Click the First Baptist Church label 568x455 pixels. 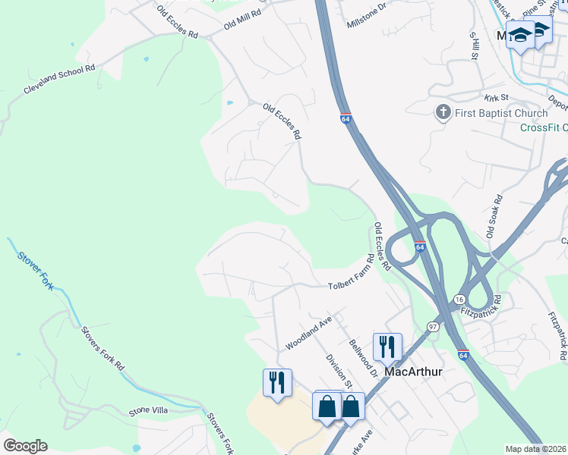pos(500,113)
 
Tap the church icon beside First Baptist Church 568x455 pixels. pos(443,113)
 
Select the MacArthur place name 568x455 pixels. pos(413,372)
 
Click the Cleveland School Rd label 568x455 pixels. pos(59,79)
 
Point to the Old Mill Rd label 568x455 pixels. pos(243,20)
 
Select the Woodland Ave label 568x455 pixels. pos(309,333)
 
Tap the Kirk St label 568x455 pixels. pos(495,98)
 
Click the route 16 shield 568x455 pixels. pos(459,301)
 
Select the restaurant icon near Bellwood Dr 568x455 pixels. pos(387,347)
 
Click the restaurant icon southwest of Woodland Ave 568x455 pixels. pos(277,381)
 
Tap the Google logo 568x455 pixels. pos(25,446)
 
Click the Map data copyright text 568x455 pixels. pos(535,449)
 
